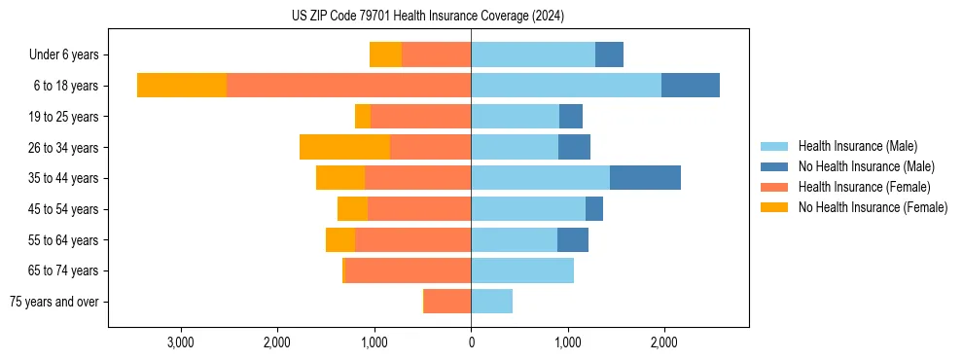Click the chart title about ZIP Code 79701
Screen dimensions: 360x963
pos(427,16)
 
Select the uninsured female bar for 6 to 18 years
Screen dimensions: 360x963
pos(182,86)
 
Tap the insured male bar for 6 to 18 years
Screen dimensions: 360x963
pos(566,86)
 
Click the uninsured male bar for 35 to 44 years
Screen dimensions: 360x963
pos(645,178)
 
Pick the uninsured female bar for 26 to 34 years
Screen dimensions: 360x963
pos(344,147)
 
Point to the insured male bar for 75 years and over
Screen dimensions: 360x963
pos(491,302)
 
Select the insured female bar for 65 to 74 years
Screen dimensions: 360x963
pos(409,270)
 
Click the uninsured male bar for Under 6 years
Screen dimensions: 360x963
pos(609,54)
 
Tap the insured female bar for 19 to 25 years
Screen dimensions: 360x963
pos(420,117)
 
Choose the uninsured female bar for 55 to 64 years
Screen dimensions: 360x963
pos(340,239)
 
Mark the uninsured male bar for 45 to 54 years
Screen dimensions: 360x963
pos(594,209)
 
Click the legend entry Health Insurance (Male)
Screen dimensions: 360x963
pos(857,146)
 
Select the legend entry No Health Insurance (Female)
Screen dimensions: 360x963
pos(873,207)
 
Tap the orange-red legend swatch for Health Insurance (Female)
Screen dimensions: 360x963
pos(774,187)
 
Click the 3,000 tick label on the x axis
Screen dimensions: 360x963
pos(181,342)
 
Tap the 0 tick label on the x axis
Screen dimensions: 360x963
pos(471,342)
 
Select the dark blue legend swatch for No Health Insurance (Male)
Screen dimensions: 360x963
pos(774,166)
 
